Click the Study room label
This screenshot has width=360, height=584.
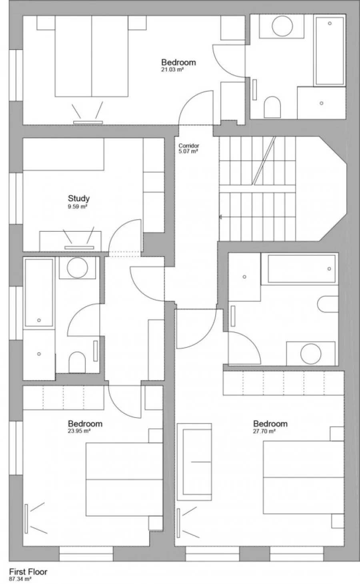point(79,199)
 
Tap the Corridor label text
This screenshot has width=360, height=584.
point(189,146)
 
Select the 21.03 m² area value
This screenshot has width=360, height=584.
point(172,70)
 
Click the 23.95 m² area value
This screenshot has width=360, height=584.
point(79,431)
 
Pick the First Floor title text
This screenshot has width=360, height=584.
point(28,572)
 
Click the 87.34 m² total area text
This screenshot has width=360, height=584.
point(20,579)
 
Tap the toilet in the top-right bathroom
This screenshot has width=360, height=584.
point(272,107)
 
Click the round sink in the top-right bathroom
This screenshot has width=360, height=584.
point(282,26)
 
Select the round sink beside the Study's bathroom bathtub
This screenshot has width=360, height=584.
point(77,268)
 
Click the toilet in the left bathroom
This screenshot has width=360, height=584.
point(77,362)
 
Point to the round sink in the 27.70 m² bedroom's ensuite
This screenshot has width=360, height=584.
point(311,354)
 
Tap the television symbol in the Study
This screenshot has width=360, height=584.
point(79,247)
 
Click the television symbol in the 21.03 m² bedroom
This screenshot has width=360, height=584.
point(88,122)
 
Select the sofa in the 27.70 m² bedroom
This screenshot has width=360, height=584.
point(194,462)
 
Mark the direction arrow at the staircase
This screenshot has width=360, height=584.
point(220,217)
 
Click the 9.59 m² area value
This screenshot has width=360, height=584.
point(77,207)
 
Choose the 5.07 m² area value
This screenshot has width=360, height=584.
point(188,151)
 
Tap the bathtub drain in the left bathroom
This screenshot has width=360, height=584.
point(39,320)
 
